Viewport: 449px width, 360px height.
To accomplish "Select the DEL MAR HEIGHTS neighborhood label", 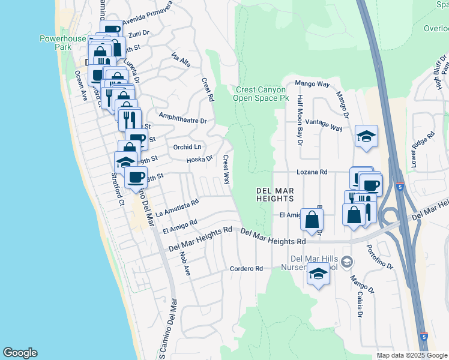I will coord(275,194).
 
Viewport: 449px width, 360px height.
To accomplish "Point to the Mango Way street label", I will coord(311,85).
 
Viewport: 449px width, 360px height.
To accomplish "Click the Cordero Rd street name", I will coord(247,269).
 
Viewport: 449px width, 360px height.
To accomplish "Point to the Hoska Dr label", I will coord(199,159).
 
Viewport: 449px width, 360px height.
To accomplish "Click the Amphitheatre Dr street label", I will coord(182,117).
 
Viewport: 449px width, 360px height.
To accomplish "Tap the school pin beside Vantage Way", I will coord(366,136).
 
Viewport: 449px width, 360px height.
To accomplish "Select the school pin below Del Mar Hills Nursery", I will coord(318,275).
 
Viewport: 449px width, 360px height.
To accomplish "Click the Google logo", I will coord(20,353).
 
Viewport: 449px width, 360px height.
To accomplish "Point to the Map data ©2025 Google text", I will coord(412,355).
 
